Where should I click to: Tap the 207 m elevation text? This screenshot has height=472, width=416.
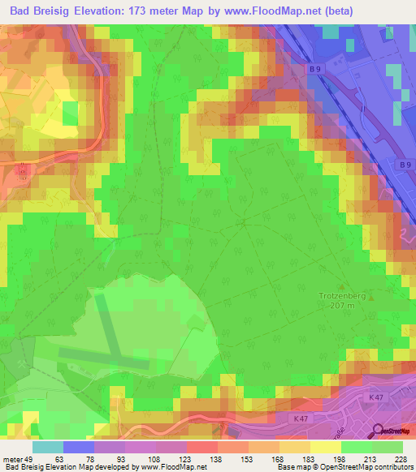point(344,306)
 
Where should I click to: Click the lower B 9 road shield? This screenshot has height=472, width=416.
point(405,165)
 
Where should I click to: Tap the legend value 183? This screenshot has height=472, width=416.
point(297,458)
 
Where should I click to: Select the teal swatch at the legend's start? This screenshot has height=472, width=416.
point(48,447)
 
